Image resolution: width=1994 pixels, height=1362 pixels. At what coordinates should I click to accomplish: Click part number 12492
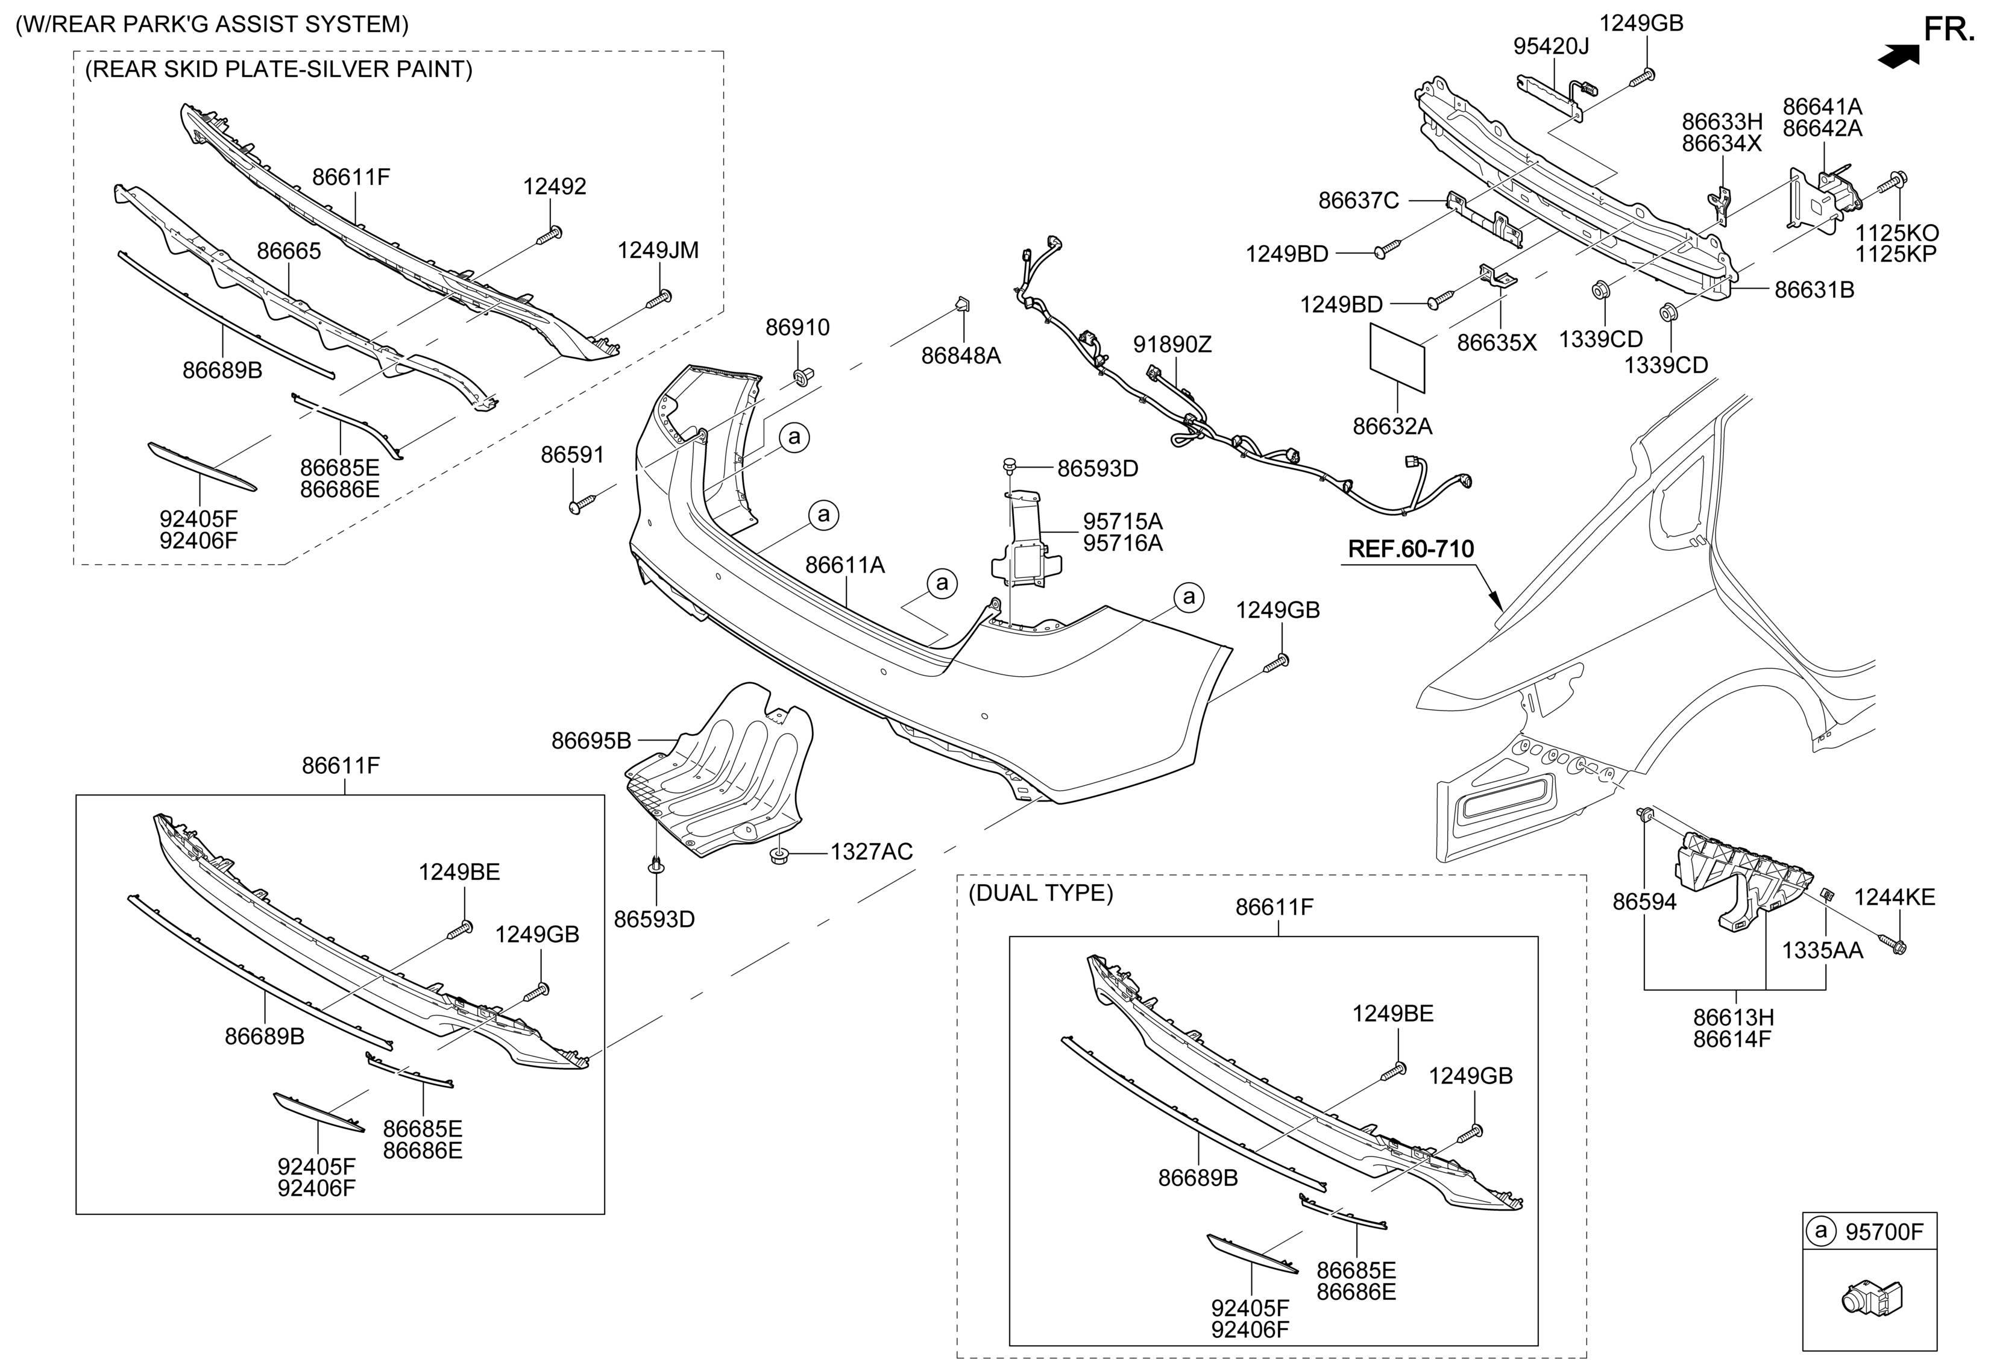(555, 186)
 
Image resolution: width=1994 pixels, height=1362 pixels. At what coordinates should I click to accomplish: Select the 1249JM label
(658, 251)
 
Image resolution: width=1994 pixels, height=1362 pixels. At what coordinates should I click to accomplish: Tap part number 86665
(289, 251)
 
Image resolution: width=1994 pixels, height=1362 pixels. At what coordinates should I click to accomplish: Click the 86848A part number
(961, 355)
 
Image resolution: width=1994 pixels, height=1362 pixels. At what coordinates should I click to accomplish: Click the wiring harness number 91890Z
(1172, 345)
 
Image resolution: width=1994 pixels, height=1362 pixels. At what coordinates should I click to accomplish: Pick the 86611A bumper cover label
(845, 565)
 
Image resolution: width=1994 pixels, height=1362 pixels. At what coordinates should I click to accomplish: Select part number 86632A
(1392, 426)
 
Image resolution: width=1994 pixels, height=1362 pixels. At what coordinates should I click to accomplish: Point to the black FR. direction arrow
(1898, 56)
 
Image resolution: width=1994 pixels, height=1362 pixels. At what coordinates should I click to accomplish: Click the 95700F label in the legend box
(1884, 1232)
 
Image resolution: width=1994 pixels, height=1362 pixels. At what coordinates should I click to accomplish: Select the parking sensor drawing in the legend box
(1870, 1299)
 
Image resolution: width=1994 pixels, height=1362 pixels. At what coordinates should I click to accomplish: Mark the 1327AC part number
(871, 852)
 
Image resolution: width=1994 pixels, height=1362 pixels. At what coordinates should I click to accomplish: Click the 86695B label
(591, 740)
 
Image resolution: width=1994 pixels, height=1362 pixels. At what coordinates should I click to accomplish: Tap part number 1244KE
(1895, 897)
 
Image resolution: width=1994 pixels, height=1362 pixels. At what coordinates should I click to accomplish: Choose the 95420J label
(1550, 46)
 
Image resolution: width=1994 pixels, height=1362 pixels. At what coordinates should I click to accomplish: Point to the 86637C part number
(1358, 201)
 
